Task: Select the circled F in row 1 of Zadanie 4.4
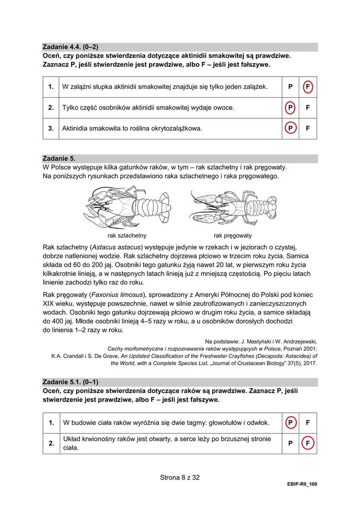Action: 307,87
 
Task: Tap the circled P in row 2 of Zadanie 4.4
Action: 290,107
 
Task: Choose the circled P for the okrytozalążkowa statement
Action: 290,129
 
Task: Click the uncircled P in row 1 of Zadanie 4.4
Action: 290,87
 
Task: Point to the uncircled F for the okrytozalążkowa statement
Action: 307,129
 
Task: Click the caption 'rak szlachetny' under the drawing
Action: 127,236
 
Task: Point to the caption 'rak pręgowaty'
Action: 233,236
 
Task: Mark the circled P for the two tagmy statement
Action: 290,422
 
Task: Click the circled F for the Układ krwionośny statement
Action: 307,443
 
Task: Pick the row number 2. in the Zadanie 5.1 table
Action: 52,443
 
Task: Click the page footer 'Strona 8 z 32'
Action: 180,478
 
